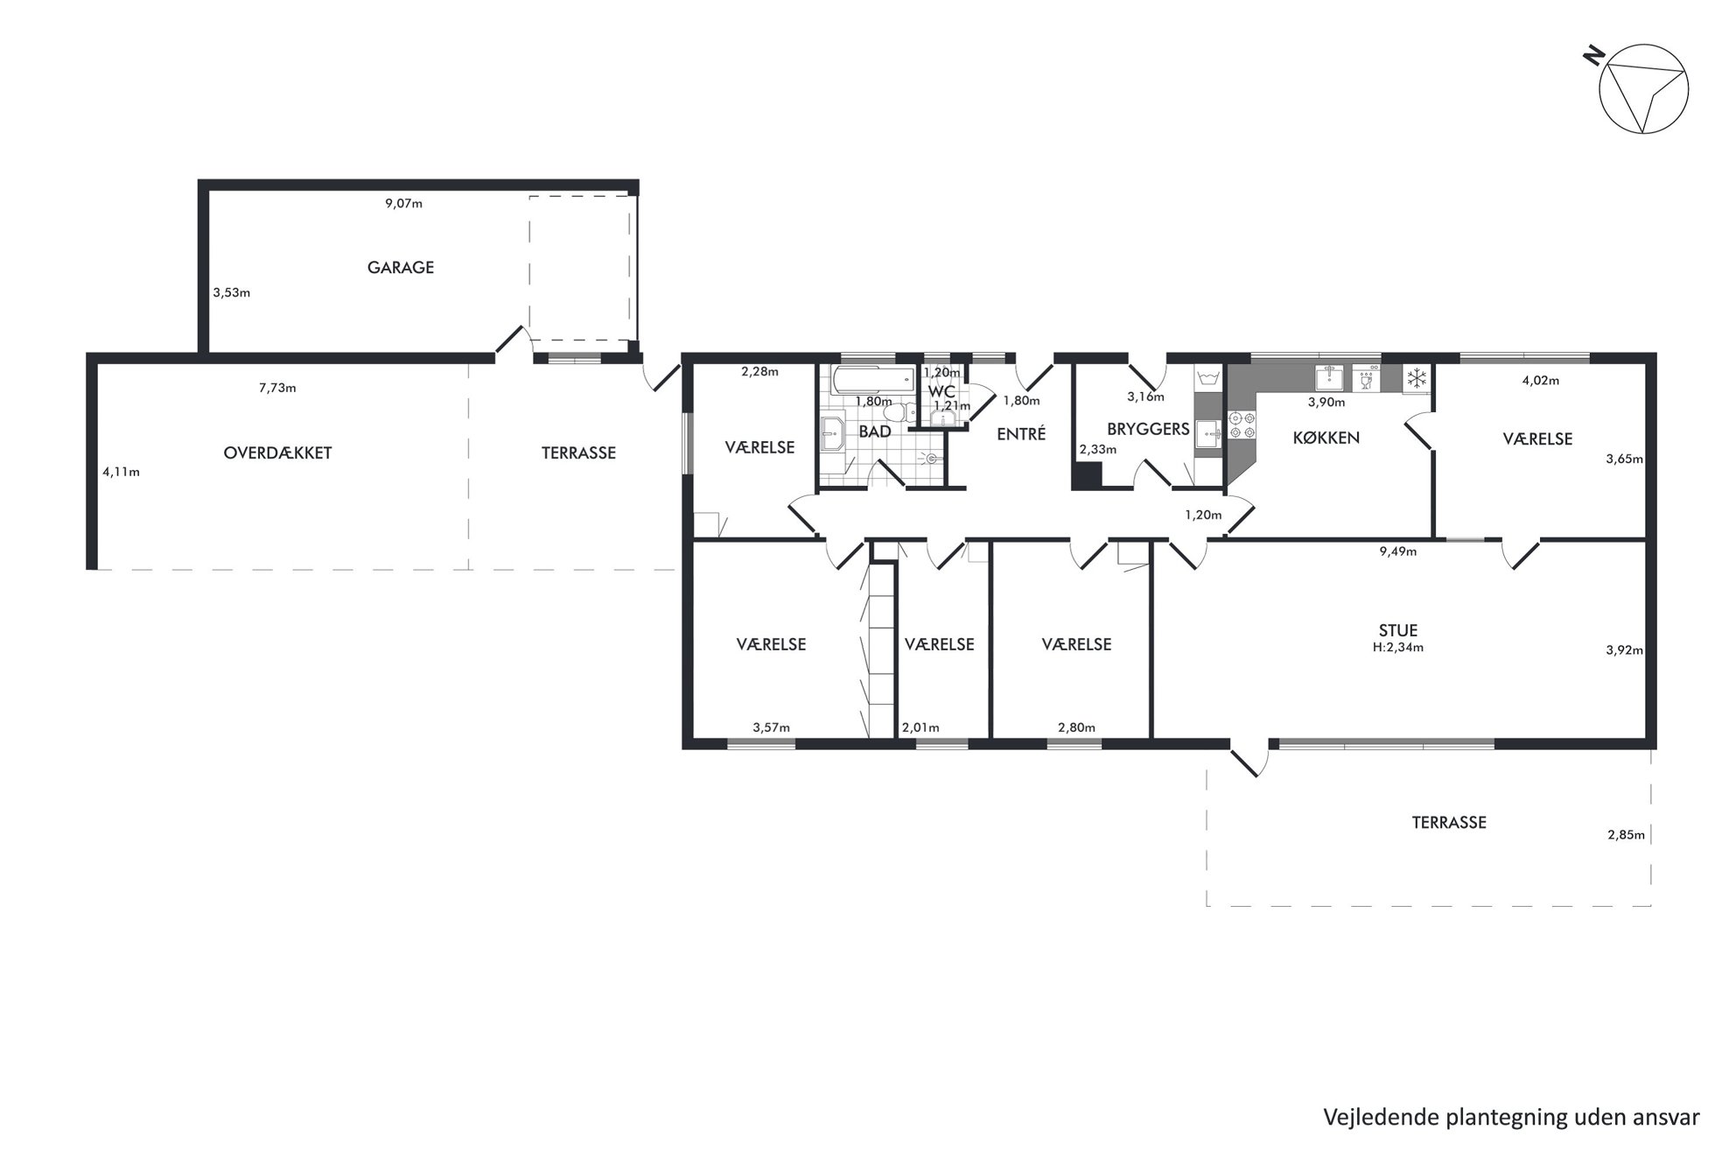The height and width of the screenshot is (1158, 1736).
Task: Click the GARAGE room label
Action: point(401,268)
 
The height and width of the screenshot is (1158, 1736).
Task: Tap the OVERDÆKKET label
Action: point(277,453)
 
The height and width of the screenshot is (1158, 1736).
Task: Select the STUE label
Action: point(1397,630)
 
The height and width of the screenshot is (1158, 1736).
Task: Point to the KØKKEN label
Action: point(1326,438)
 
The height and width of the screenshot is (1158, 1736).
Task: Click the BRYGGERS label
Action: point(1148,429)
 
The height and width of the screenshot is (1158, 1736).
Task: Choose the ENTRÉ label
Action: point(1021,433)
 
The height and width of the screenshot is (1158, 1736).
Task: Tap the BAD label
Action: point(874,432)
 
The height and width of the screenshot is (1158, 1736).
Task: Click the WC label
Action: point(941,391)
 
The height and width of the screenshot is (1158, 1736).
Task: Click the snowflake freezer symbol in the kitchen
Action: point(1416,379)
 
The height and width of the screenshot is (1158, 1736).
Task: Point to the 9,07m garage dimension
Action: point(403,204)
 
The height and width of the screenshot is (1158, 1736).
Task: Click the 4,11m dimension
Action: point(121,472)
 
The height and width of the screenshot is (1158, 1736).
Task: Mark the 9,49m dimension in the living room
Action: point(1397,551)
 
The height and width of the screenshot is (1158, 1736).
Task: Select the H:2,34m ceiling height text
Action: point(1398,648)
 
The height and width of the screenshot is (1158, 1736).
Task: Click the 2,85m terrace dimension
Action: point(1626,835)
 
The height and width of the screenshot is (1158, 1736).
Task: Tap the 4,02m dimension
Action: point(1541,381)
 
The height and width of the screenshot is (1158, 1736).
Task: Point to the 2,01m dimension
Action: point(920,727)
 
